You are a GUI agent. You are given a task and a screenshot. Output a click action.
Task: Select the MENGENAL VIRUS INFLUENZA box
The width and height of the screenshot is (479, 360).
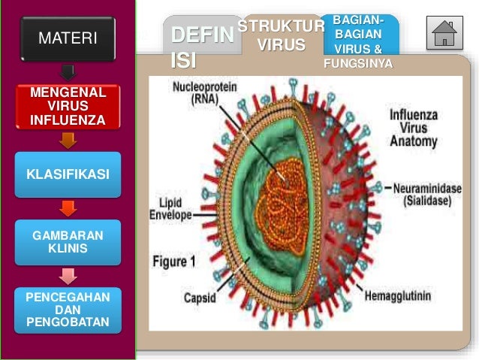point(68,107)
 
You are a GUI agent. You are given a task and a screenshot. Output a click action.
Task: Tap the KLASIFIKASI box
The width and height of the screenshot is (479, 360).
point(68,174)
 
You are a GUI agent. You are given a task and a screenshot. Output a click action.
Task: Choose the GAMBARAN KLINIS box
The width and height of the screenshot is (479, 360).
point(68,243)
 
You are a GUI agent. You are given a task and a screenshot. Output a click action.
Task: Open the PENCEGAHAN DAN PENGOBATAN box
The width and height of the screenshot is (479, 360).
point(68,311)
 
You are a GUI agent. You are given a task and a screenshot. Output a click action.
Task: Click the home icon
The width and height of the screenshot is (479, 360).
point(444,34)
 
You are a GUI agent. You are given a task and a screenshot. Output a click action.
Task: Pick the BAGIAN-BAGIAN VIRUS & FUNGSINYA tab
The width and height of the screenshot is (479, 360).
point(357,41)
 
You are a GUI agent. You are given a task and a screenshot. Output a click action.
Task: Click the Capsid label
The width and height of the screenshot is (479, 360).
point(200,298)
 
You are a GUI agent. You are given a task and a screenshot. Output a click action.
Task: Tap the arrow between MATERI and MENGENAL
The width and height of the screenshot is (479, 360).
point(68,72)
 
